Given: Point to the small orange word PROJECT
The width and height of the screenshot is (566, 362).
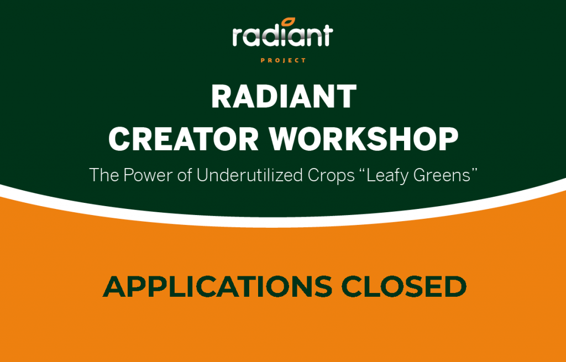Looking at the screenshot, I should [283, 60].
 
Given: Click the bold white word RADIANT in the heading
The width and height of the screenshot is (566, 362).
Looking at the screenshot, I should [284, 98].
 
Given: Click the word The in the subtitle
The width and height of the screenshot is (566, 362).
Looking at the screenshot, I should [103, 175].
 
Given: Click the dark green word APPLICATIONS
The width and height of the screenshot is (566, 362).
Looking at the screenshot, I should [217, 286].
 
